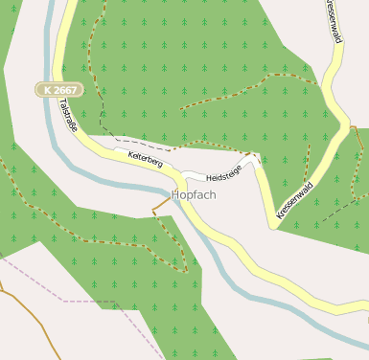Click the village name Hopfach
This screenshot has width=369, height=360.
click(193, 194)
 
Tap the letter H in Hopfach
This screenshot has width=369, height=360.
click(174, 194)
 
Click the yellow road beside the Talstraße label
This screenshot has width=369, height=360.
click(81, 125)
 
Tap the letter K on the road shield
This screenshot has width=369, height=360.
click(47, 89)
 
